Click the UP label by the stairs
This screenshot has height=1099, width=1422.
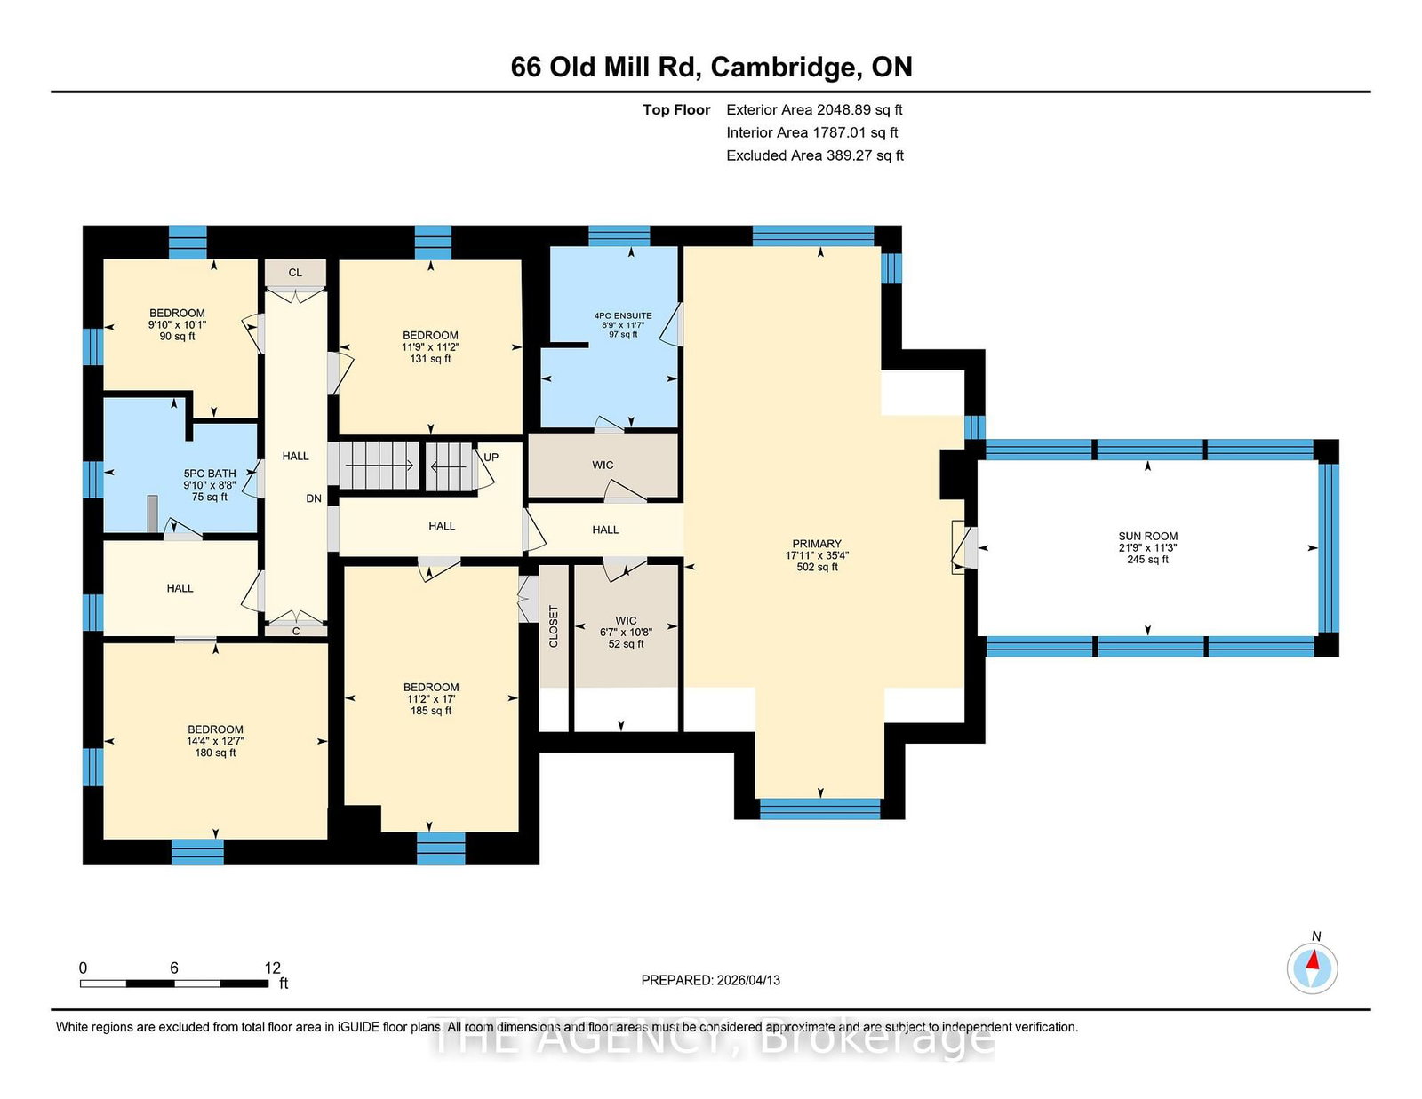pos(491,458)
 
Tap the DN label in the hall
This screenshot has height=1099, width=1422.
pos(314,498)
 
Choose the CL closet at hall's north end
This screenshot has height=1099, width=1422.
pos(295,273)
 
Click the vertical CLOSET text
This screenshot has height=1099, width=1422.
pos(554,626)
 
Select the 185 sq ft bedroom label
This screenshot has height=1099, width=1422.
pos(430,698)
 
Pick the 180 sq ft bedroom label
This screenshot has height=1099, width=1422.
pos(215,741)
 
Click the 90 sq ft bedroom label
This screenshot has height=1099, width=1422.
pos(178,324)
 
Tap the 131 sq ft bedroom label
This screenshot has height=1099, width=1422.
pos(430,346)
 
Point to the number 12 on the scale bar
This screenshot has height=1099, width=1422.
pos(272,968)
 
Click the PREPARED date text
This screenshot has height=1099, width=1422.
pos(711,980)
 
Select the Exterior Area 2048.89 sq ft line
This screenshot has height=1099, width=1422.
pos(814,110)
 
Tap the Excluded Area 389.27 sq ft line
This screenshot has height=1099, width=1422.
pos(815,155)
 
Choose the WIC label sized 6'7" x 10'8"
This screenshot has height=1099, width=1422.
pos(627,632)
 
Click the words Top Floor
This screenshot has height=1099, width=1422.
pos(676,110)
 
